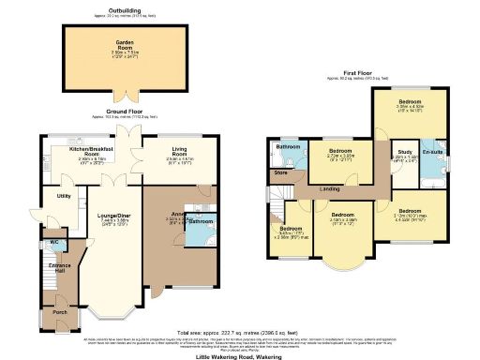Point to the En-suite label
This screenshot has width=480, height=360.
tap(432, 152)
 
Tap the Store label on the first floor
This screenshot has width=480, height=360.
tap(280, 172)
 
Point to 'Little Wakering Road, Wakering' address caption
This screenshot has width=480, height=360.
tap(239, 356)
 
